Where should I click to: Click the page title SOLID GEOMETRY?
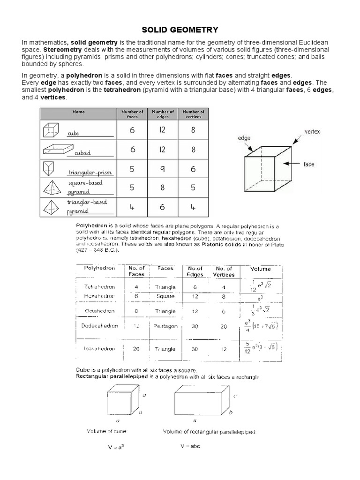(180, 30)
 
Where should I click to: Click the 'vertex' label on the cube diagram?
(313, 132)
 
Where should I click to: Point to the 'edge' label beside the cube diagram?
(244, 138)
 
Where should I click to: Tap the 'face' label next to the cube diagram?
(309, 165)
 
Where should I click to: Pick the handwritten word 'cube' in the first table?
(73, 134)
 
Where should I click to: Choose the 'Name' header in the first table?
(78, 112)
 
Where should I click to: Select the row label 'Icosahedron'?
(97, 349)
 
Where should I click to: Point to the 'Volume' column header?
(261, 269)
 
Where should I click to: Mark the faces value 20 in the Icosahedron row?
(135, 349)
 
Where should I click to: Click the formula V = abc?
(190, 446)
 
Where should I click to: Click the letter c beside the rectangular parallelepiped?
(234, 396)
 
